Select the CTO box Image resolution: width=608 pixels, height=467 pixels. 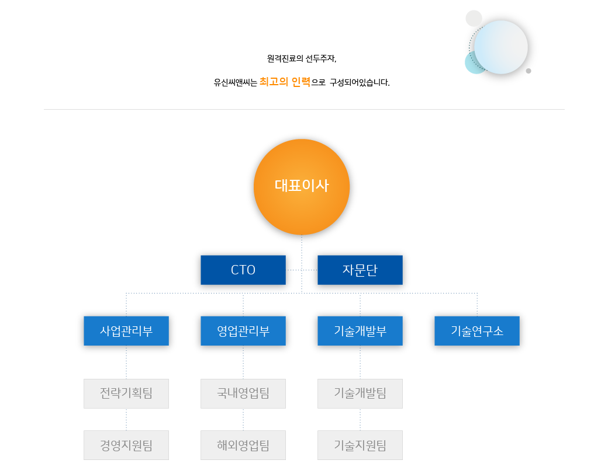(243, 270)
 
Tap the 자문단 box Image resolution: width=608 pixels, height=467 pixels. (360, 270)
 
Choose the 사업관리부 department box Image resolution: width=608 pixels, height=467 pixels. (126, 331)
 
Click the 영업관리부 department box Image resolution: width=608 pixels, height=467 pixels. (243, 331)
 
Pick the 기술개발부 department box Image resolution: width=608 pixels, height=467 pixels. (360, 331)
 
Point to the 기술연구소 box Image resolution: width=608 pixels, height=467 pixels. (477, 331)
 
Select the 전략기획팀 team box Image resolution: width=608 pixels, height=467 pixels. (126, 393)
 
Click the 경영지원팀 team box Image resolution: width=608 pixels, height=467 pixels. (126, 445)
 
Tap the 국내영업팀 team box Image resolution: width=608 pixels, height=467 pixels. (243, 393)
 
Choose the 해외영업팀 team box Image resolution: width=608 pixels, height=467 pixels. (243, 445)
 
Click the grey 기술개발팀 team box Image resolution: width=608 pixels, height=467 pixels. (360, 393)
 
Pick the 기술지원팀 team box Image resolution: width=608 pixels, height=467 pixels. (360, 445)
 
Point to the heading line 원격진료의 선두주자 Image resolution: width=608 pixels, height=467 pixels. (302, 59)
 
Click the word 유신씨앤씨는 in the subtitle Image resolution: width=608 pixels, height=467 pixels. (235, 82)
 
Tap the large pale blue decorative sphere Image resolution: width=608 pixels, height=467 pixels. (502, 47)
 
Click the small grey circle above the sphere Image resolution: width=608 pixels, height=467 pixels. (474, 18)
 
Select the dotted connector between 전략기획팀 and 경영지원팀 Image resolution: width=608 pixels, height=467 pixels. (126, 419)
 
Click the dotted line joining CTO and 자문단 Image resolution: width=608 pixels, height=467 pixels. (302, 270)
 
